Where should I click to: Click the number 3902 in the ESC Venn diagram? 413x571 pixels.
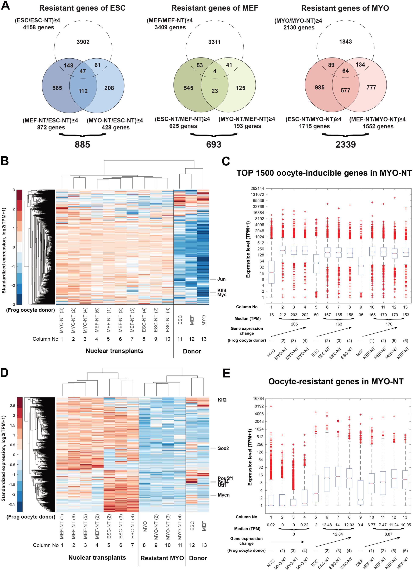pyautogui.click(x=83, y=42)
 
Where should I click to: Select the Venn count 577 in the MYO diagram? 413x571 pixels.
pyautogui.click(x=345, y=90)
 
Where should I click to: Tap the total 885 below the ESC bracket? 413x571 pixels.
pyautogui.click(x=82, y=144)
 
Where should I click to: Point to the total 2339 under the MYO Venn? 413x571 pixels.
pyautogui.click(x=345, y=144)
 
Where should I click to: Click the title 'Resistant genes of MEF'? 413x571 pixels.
pyautogui.click(x=215, y=8)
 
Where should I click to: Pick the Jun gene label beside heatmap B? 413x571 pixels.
pyautogui.click(x=222, y=279)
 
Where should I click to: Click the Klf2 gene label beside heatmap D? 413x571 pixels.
pyautogui.click(x=222, y=400)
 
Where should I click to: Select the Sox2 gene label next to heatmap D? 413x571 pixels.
pyautogui.click(x=223, y=448)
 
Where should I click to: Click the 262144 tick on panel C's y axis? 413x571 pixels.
pyautogui.click(x=257, y=188)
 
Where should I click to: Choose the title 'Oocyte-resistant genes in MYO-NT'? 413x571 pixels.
pyautogui.click(x=336, y=381)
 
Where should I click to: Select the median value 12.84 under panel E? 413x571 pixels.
pyautogui.click(x=338, y=534)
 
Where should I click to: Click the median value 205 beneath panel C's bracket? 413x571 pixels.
pyautogui.click(x=294, y=324)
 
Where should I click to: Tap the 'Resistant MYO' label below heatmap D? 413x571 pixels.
pyautogui.click(x=162, y=558)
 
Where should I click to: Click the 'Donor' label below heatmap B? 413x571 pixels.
pyautogui.click(x=192, y=351)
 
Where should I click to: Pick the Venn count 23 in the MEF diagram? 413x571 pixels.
pyautogui.click(x=215, y=91)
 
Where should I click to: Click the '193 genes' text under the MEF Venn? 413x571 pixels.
pyautogui.click(x=247, y=126)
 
